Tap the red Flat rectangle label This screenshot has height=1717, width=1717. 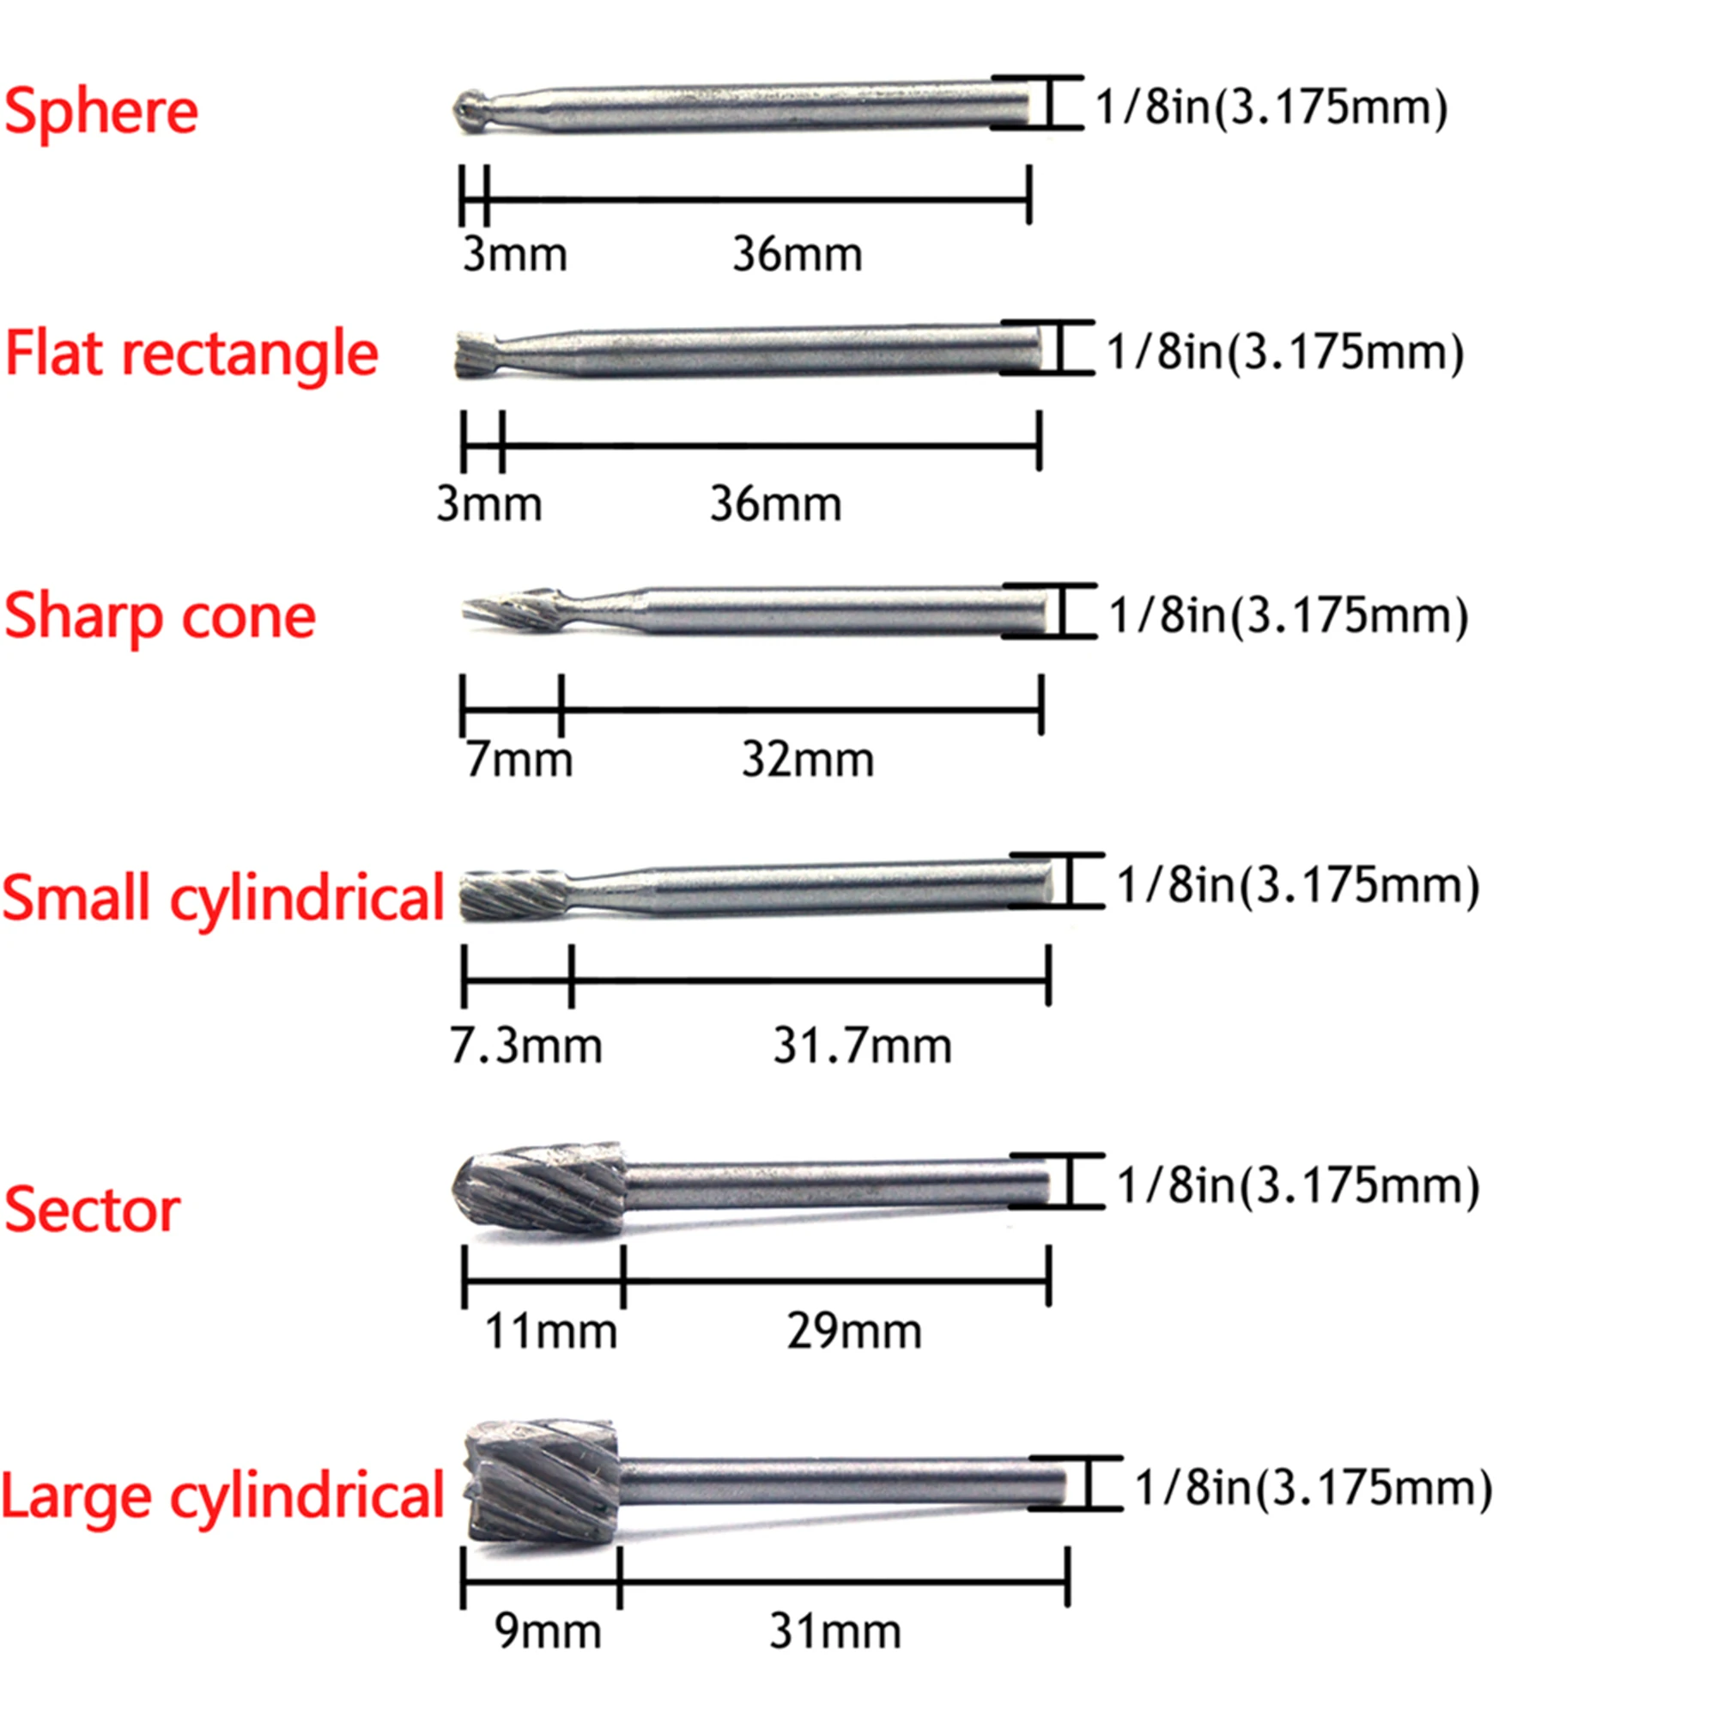pos(192,354)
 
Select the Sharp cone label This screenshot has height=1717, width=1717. pos(160,616)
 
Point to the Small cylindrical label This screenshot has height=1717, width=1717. pos(223,898)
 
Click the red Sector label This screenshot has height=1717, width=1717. pos(93,1210)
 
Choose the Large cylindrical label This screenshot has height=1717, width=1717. pos(223,1496)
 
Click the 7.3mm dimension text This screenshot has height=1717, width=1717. pos(526,1046)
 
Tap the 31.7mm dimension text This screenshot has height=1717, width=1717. pos(862,1046)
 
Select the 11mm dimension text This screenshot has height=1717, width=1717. pos(551,1332)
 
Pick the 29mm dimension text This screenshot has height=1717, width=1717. pos(854,1332)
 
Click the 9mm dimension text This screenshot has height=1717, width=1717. pos(549,1632)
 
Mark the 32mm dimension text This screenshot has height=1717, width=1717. pos(808,761)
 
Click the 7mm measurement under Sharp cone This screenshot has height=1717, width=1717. pos(520,761)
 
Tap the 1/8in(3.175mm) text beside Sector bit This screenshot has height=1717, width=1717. pos(1297,1186)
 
